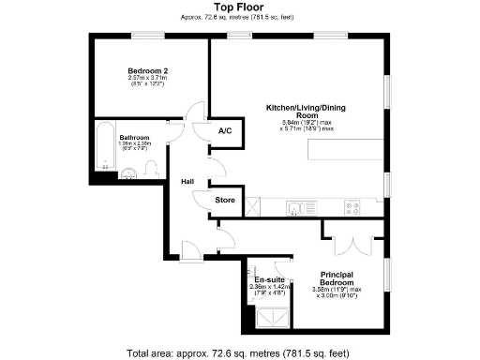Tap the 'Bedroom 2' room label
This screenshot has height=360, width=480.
(147, 71)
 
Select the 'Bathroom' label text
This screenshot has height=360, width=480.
(134, 138)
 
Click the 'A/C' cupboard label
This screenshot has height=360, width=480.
(225, 131)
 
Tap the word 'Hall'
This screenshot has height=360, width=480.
(187, 182)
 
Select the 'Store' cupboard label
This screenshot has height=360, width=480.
(225, 200)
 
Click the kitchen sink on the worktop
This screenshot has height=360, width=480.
(295, 208)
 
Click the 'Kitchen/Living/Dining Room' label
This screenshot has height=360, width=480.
(307, 112)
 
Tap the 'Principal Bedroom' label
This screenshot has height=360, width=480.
(336, 278)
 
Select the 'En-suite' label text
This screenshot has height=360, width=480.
(269, 279)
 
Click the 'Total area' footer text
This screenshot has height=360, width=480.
(239, 352)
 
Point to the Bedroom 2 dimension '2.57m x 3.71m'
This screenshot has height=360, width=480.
(147, 79)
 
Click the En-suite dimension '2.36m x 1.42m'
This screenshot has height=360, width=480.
(269, 287)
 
